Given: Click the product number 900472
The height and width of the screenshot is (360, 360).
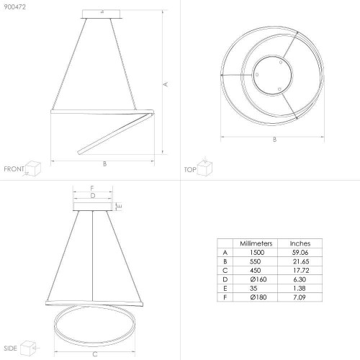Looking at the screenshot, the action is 14,7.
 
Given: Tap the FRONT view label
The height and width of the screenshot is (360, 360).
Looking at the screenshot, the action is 14,169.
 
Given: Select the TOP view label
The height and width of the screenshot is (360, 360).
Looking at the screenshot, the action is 190,170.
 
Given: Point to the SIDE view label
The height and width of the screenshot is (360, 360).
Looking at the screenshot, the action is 10,348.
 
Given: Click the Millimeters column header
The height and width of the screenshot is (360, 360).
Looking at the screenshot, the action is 256,243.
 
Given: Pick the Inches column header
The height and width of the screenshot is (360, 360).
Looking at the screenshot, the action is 300,243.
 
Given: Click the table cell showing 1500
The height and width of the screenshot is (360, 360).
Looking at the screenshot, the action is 257,252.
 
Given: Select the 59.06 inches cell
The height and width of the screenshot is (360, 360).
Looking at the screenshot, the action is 300,252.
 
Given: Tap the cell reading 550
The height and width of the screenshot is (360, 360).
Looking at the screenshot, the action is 255,261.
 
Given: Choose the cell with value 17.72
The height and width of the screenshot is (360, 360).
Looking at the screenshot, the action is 301,270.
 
